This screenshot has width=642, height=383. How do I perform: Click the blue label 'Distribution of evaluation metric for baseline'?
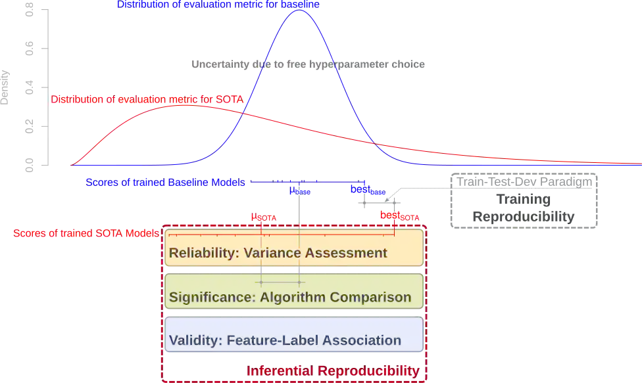218,4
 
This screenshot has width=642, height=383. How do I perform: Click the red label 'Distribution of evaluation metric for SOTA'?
147,100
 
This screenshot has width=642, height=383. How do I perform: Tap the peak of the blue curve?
300,11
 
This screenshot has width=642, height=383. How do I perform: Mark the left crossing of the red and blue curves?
243,115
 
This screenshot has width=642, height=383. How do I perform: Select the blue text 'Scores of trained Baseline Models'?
166,183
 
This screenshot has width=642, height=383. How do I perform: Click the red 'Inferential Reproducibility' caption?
333,371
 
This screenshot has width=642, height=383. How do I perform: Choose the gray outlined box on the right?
524,199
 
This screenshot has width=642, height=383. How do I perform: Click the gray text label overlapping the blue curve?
307,64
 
